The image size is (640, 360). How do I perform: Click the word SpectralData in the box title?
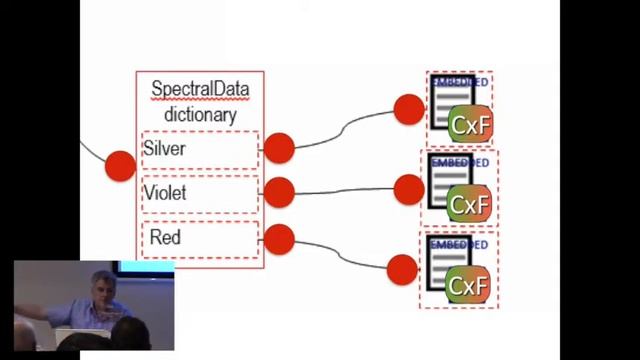(x=200, y=89)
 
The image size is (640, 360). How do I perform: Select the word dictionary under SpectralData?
(x=200, y=113)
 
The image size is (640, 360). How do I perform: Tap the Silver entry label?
(x=165, y=149)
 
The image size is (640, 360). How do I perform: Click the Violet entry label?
(x=165, y=193)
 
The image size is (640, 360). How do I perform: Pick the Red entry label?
(x=165, y=238)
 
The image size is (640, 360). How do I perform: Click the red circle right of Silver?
(x=279, y=148)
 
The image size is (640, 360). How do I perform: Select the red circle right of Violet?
(x=279, y=192)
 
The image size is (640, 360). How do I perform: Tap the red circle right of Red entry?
(x=279, y=239)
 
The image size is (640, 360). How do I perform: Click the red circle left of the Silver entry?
(x=120, y=165)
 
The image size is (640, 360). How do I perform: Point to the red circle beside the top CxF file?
(x=409, y=109)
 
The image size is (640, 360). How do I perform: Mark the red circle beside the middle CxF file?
(x=409, y=188)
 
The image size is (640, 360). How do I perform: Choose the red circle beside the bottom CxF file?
(x=402, y=269)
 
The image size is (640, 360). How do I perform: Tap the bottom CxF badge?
(x=468, y=286)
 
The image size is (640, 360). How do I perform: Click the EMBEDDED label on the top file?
(x=460, y=82)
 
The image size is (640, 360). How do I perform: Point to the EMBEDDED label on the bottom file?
(x=458, y=244)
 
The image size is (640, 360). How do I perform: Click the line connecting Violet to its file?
(x=345, y=191)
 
